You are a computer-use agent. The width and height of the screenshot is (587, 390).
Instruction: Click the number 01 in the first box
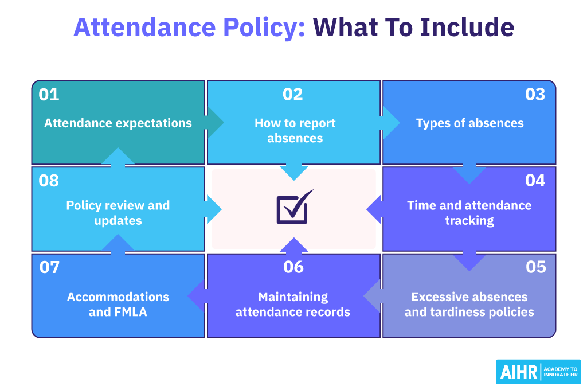click(49, 95)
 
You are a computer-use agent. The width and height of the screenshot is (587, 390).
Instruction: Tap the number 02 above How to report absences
click(293, 95)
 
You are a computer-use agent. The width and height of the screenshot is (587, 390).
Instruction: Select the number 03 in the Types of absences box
click(535, 95)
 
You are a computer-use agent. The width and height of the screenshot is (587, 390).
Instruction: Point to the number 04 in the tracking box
click(535, 181)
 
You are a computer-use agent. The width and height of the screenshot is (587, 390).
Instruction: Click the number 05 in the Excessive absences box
click(536, 267)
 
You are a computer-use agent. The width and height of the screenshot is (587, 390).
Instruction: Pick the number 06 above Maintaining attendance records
click(293, 267)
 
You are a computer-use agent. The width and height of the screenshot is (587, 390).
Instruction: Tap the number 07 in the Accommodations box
click(49, 267)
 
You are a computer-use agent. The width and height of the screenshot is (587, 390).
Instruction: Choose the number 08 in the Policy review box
click(49, 181)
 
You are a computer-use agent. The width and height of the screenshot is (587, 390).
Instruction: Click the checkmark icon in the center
click(295, 207)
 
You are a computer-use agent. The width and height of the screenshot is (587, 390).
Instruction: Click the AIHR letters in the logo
click(518, 372)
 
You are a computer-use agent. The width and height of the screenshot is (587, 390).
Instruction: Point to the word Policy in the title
click(264, 28)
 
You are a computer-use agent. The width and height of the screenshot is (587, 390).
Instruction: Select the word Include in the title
click(467, 28)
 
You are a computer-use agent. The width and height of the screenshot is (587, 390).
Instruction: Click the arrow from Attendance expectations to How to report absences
click(215, 123)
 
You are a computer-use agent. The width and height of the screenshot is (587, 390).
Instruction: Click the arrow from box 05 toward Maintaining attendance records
click(373, 296)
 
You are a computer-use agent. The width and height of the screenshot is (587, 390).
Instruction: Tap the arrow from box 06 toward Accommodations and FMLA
click(197, 296)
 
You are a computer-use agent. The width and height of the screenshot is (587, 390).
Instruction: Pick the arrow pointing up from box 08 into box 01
click(118, 157)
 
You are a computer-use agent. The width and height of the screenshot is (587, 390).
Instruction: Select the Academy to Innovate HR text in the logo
click(561, 372)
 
